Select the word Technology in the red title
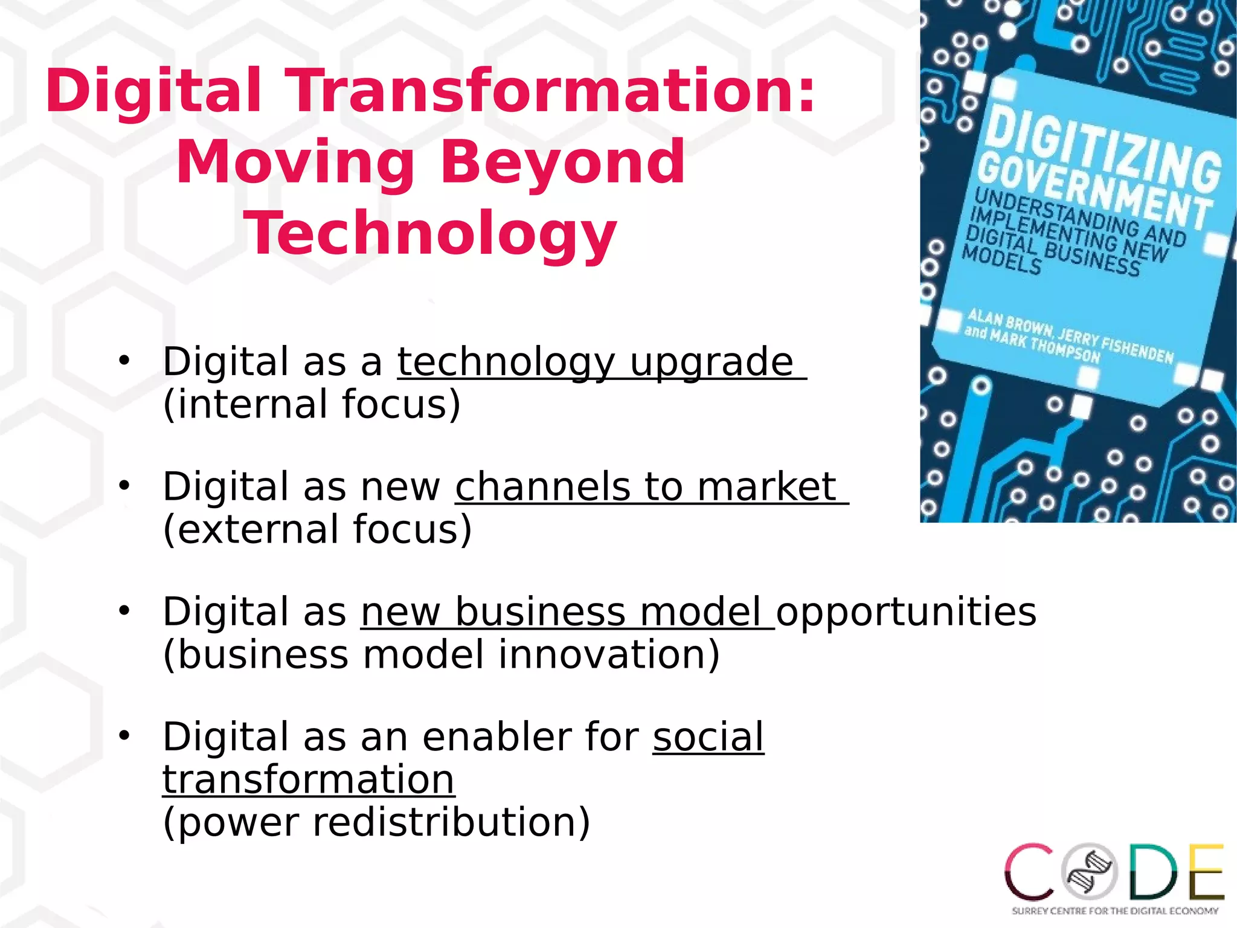coord(430,233)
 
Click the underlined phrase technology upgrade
coord(595,362)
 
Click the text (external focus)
coord(317,529)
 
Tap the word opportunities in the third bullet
coord(906,612)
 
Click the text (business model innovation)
coord(441,655)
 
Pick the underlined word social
coord(708,737)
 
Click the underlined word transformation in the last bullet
coord(308,780)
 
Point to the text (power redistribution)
coord(376,822)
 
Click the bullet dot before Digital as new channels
coord(124,485)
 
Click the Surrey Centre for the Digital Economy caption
coord(1114,910)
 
